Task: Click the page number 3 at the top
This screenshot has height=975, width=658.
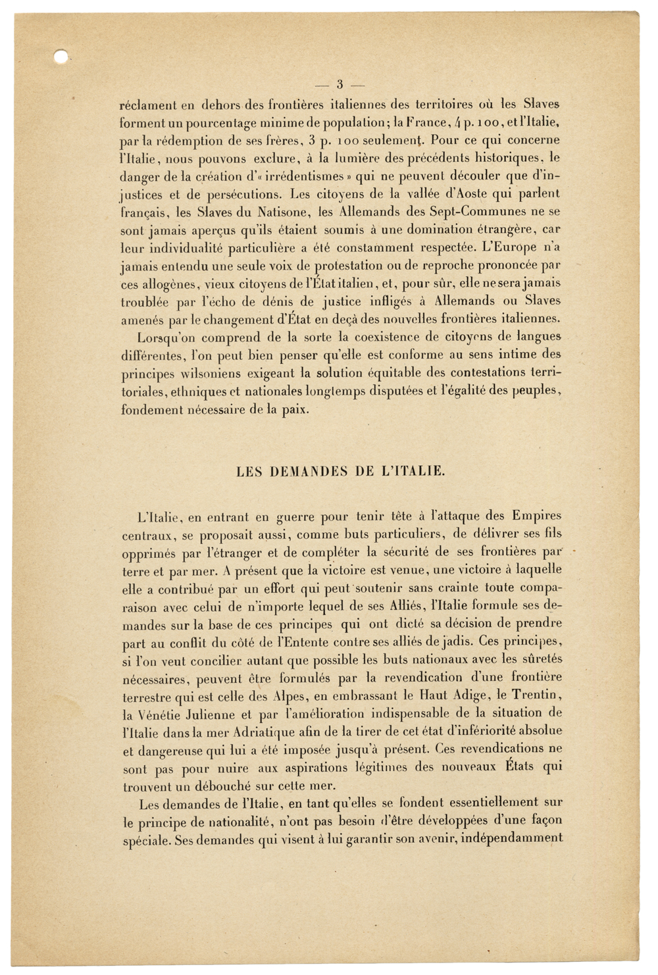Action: pyautogui.click(x=340, y=84)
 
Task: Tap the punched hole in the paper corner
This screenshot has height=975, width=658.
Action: pyautogui.click(x=61, y=57)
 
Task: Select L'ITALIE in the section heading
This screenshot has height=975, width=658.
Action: pyautogui.click(x=415, y=471)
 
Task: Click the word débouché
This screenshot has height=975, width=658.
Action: pyautogui.click(x=230, y=786)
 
